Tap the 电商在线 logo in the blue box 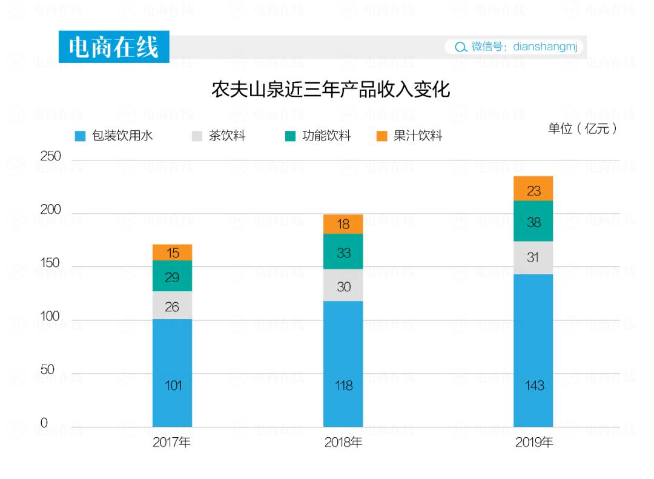coord(114,47)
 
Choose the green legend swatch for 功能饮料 coord(291,136)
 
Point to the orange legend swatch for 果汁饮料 coord(381,136)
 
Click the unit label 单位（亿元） coord(582,129)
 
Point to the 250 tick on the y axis coord(51,156)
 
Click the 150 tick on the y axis coord(51,263)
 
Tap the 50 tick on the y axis coord(47,370)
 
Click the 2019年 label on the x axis coord(534,443)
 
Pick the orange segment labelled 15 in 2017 coord(172,253)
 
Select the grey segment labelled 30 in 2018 coord(343,286)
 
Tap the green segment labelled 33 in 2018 coord(343,252)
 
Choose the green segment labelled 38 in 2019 coord(533,221)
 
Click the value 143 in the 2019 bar coord(534,386)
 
